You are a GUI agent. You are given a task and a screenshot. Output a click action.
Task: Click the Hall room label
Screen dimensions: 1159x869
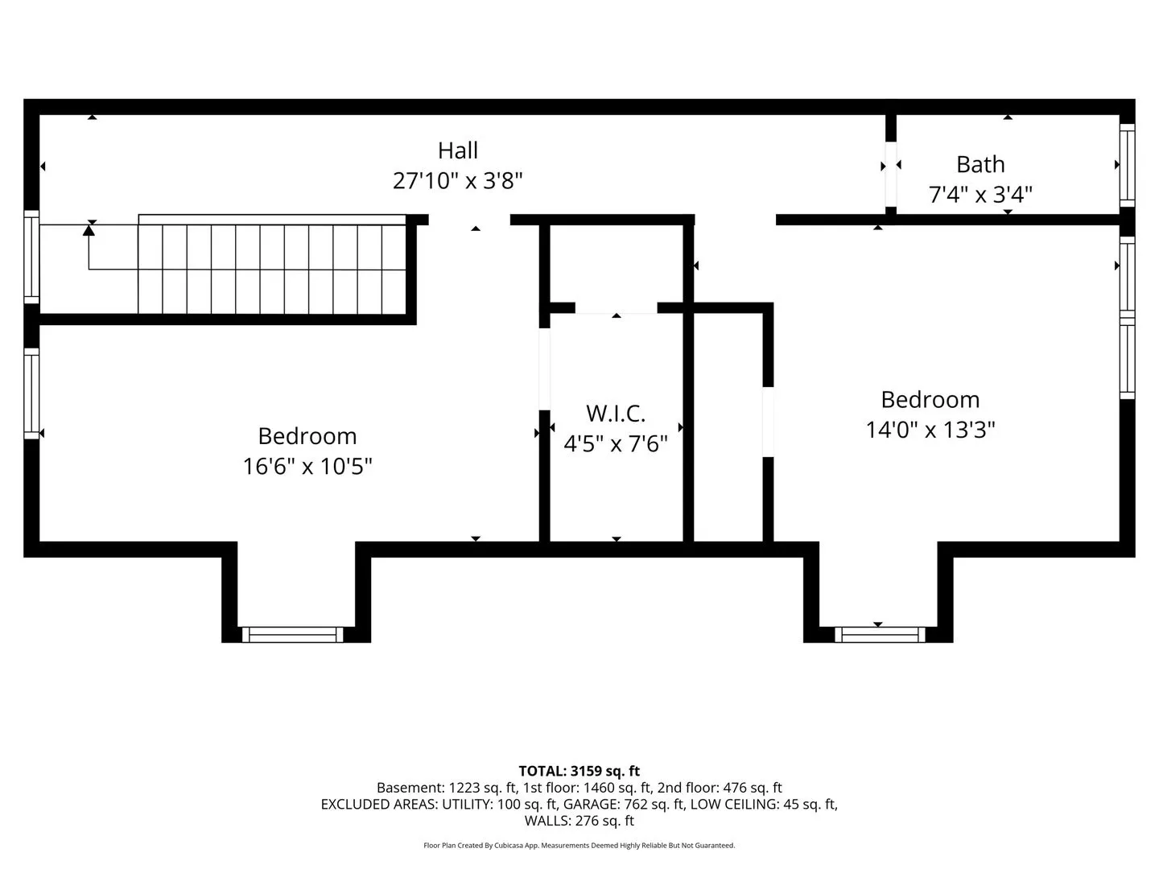(x=458, y=151)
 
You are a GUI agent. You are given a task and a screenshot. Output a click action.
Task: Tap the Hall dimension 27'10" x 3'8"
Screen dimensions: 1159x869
(x=457, y=181)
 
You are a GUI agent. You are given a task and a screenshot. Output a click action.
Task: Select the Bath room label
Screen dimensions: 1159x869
(x=980, y=165)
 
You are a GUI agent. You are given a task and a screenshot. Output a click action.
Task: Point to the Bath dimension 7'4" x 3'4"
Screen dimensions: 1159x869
(x=980, y=195)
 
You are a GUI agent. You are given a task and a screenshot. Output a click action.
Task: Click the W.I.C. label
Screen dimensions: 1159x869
(x=616, y=414)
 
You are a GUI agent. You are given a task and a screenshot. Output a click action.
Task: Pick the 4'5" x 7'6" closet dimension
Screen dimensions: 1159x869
(x=616, y=443)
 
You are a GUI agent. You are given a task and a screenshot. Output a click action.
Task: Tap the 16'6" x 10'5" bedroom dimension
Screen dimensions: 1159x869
(x=307, y=467)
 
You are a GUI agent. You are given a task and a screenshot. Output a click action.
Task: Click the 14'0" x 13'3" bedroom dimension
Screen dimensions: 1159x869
(x=930, y=430)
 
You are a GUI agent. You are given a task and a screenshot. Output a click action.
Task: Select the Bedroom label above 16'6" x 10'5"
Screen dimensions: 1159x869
(x=307, y=436)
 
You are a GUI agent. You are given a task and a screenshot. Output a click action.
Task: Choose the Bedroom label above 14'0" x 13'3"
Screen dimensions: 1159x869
(x=930, y=400)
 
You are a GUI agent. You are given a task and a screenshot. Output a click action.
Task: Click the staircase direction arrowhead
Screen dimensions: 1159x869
(x=89, y=230)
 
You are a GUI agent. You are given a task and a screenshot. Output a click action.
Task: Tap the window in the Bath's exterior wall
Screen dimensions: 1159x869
(x=1128, y=165)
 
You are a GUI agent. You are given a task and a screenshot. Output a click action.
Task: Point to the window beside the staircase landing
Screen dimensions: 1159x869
(x=31, y=257)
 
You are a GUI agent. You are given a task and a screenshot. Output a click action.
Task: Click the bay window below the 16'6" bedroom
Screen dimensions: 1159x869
(x=292, y=635)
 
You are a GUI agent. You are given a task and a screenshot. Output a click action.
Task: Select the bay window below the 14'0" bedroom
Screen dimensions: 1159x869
(x=880, y=635)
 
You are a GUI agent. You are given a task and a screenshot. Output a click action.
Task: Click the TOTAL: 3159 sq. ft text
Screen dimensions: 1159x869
(x=579, y=772)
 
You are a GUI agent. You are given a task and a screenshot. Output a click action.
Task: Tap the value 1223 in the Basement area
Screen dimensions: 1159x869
(x=464, y=788)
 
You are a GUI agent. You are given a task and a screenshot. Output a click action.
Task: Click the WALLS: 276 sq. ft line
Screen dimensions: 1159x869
(x=579, y=821)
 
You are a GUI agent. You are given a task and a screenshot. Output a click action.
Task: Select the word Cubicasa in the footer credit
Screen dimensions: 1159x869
(x=509, y=845)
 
